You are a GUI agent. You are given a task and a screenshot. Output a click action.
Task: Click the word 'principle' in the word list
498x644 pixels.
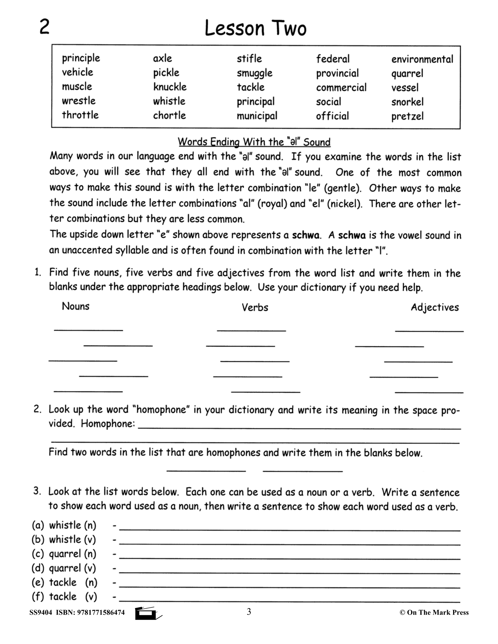81,58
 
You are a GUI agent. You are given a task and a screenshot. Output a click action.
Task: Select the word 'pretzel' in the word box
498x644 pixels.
407,116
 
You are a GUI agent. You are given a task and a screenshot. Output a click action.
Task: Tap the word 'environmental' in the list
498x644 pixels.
422,59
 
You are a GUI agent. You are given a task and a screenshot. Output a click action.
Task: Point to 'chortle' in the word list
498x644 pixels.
169,115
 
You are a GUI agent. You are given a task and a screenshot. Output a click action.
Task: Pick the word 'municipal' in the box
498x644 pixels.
257,116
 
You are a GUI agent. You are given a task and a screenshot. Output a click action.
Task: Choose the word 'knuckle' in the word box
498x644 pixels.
170,87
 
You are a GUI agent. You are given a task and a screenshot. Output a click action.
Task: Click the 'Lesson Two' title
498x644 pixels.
256,29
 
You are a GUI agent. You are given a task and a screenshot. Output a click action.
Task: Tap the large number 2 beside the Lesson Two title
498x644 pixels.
44,27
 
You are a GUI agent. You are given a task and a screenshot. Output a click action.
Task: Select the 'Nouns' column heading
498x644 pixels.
76,306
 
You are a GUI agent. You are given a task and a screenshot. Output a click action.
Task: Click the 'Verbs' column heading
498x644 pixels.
255,308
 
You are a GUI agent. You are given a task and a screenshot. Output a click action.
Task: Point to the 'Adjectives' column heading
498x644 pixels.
435,308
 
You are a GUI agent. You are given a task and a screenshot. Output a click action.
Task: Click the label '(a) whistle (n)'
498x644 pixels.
64,525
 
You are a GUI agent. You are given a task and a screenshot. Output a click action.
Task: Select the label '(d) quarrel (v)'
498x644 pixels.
64,568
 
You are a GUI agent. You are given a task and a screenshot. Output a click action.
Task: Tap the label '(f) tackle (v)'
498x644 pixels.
64,597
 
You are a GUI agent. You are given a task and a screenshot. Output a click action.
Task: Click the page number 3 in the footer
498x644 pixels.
249,612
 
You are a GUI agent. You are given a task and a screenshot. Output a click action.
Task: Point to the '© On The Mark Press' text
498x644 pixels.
434,613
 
